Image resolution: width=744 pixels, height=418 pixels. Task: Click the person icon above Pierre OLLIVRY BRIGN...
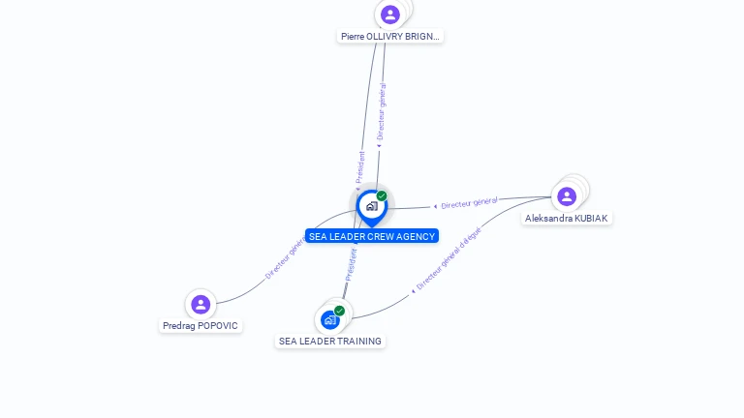point(390,15)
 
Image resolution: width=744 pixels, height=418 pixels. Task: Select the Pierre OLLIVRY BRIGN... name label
point(390,37)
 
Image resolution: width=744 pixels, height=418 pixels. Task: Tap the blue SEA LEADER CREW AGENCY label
point(372,236)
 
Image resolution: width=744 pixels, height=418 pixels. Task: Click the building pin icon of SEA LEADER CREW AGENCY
point(371,206)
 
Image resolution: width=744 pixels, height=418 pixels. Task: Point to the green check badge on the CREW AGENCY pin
point(382,196)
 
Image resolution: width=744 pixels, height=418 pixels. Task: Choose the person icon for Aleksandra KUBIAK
point(567,196)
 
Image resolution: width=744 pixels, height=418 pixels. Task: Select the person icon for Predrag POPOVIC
point(201,305)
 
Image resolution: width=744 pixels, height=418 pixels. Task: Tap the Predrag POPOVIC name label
point(201,326)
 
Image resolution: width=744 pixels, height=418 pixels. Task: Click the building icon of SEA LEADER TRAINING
point(330,319)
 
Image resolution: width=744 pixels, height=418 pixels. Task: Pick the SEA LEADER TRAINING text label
point(330,342)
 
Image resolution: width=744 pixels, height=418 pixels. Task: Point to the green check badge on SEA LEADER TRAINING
point(339,311)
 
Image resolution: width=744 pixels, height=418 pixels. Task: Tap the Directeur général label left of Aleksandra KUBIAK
point(469,203)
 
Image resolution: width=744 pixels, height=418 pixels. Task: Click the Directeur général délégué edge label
point(448,259)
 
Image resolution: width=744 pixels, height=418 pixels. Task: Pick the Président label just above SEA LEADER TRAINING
point(351,264)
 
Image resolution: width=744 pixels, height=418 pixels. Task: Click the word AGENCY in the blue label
point(415,236)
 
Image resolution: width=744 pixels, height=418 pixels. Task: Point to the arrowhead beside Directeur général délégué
point(413,290)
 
